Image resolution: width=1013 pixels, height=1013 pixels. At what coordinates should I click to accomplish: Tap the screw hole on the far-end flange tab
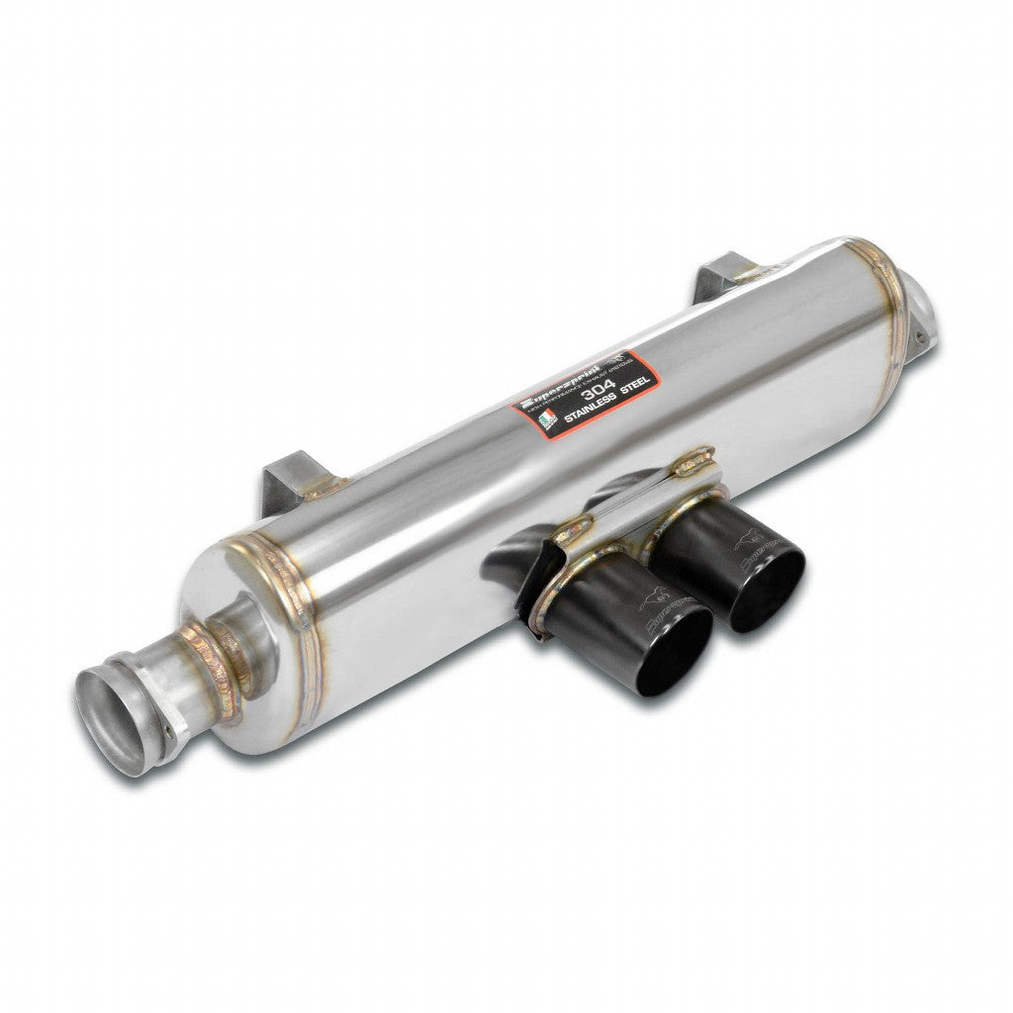(921, 335)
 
